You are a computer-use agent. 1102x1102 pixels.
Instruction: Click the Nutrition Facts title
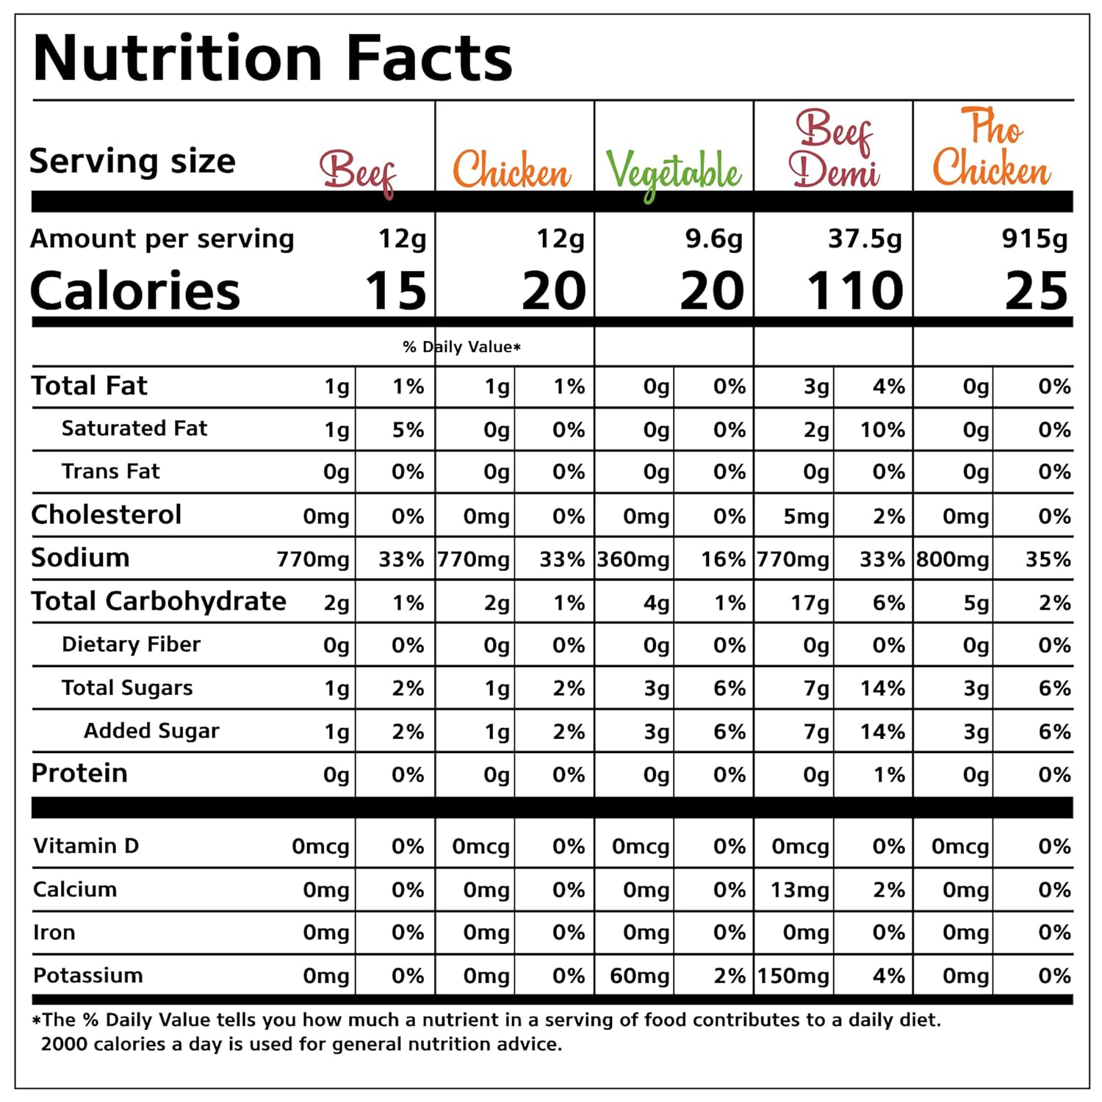(x=273, y=59)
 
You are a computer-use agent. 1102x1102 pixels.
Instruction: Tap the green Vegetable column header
(x=673, y=173)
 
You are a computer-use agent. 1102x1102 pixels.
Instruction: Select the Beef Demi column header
(x=834, y=149)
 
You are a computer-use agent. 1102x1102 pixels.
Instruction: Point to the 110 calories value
(x=855, y=291)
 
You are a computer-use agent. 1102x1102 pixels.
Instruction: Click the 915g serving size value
(x=1034, y=239)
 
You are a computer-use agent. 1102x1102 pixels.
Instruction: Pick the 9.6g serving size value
(x=713, y=239)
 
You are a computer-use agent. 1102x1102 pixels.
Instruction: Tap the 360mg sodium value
(x=633, y=560)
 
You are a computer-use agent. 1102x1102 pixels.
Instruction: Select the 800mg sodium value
(x=953, y=560)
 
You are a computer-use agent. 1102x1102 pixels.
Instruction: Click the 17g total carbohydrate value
(x=810, y=603)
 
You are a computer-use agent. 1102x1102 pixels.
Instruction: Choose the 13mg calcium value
(x=799, y=890)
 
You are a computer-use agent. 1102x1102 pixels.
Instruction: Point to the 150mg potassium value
(x=793, y=976)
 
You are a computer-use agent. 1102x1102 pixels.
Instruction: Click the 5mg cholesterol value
(x=806, y=517)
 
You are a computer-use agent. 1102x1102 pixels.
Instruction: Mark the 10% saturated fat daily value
(x=882, y=430)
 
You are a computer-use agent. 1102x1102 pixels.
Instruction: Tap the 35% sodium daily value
(x=1048, y=560)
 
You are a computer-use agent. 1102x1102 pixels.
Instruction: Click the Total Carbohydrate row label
(x=159, y=602)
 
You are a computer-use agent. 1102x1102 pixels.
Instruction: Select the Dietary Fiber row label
(x=131, y=644)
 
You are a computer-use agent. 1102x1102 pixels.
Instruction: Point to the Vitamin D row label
(x=86, y=846)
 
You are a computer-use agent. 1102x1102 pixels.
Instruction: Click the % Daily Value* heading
(x=461, y=347)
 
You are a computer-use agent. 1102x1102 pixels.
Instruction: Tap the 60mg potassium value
(x=639, y=976)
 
